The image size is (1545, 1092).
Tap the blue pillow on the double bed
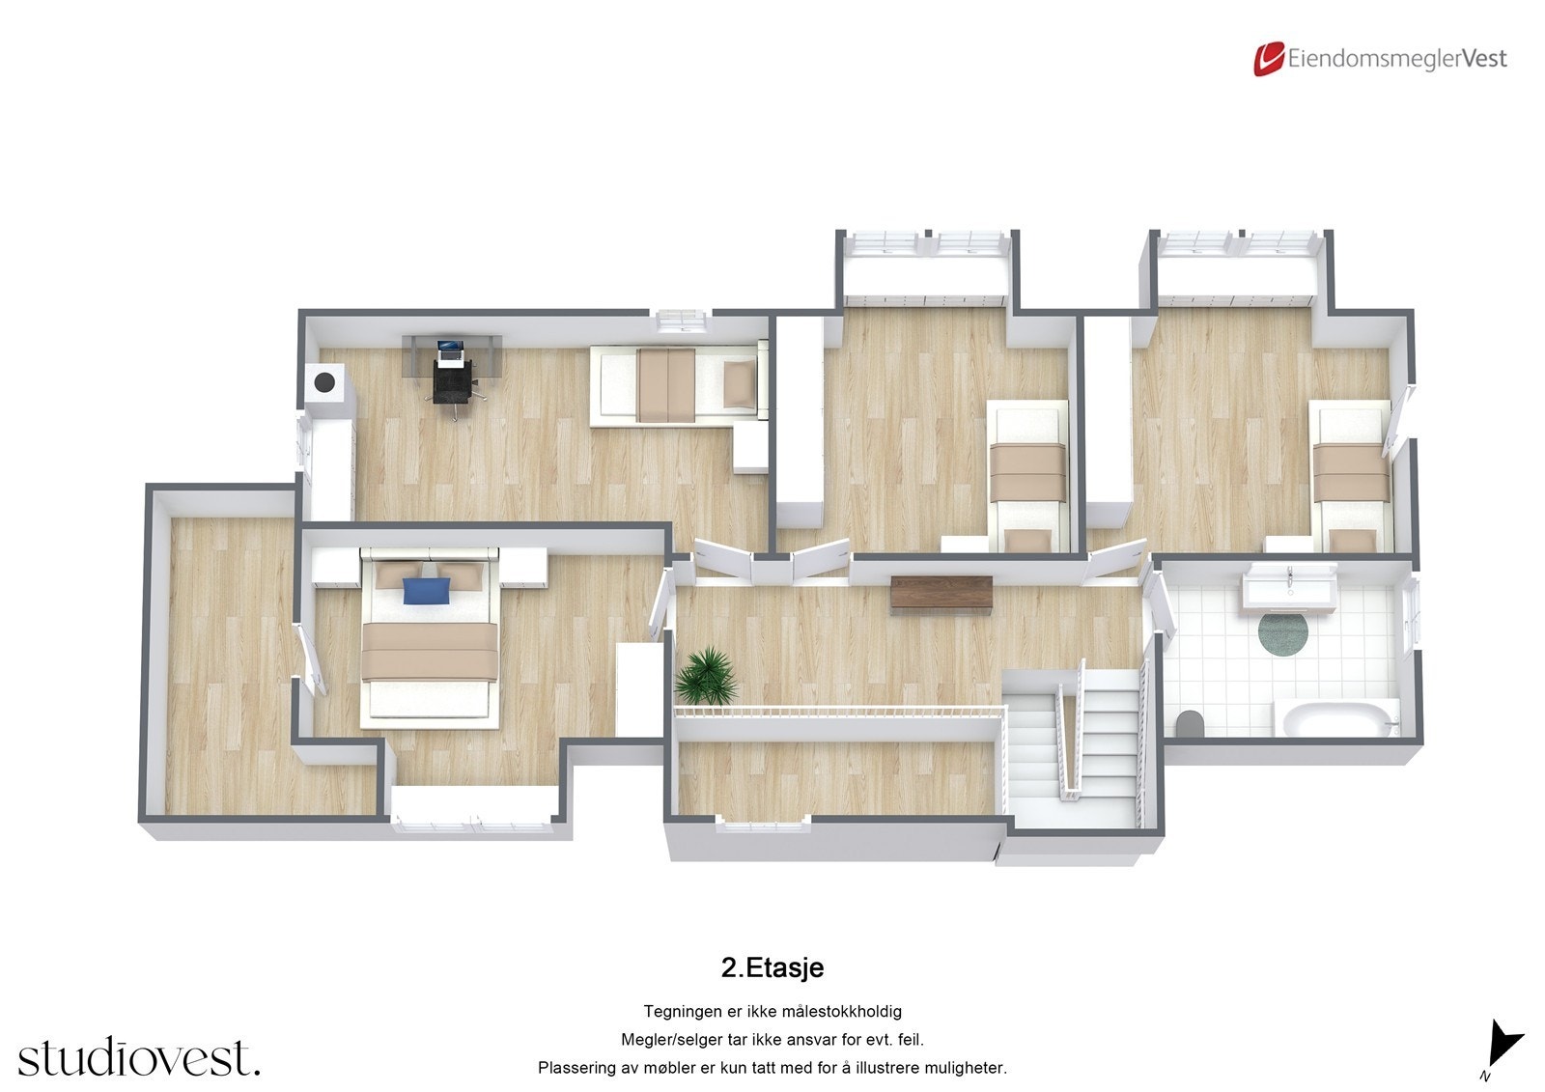427,590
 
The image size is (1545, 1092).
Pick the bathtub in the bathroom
1337,719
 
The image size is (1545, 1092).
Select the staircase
1072,743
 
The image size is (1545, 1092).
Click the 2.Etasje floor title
772,967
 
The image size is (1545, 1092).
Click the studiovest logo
138,1057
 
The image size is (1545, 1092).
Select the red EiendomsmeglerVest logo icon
1268,59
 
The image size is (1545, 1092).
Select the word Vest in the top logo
1484,59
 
